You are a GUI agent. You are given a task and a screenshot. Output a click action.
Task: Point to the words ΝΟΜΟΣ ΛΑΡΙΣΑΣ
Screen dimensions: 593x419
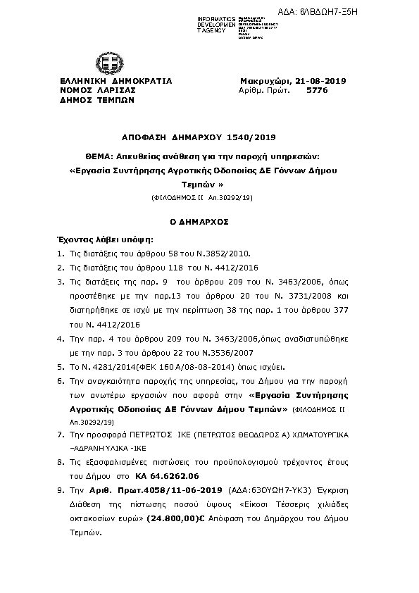tap(97, 91)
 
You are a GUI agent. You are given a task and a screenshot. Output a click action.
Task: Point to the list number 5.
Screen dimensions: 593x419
tap(61, 367)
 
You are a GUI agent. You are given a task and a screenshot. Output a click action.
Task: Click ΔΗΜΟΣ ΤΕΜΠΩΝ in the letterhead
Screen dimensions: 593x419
tap(94, 101)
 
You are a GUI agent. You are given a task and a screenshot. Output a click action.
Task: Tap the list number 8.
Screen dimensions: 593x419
tap(61, 463)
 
